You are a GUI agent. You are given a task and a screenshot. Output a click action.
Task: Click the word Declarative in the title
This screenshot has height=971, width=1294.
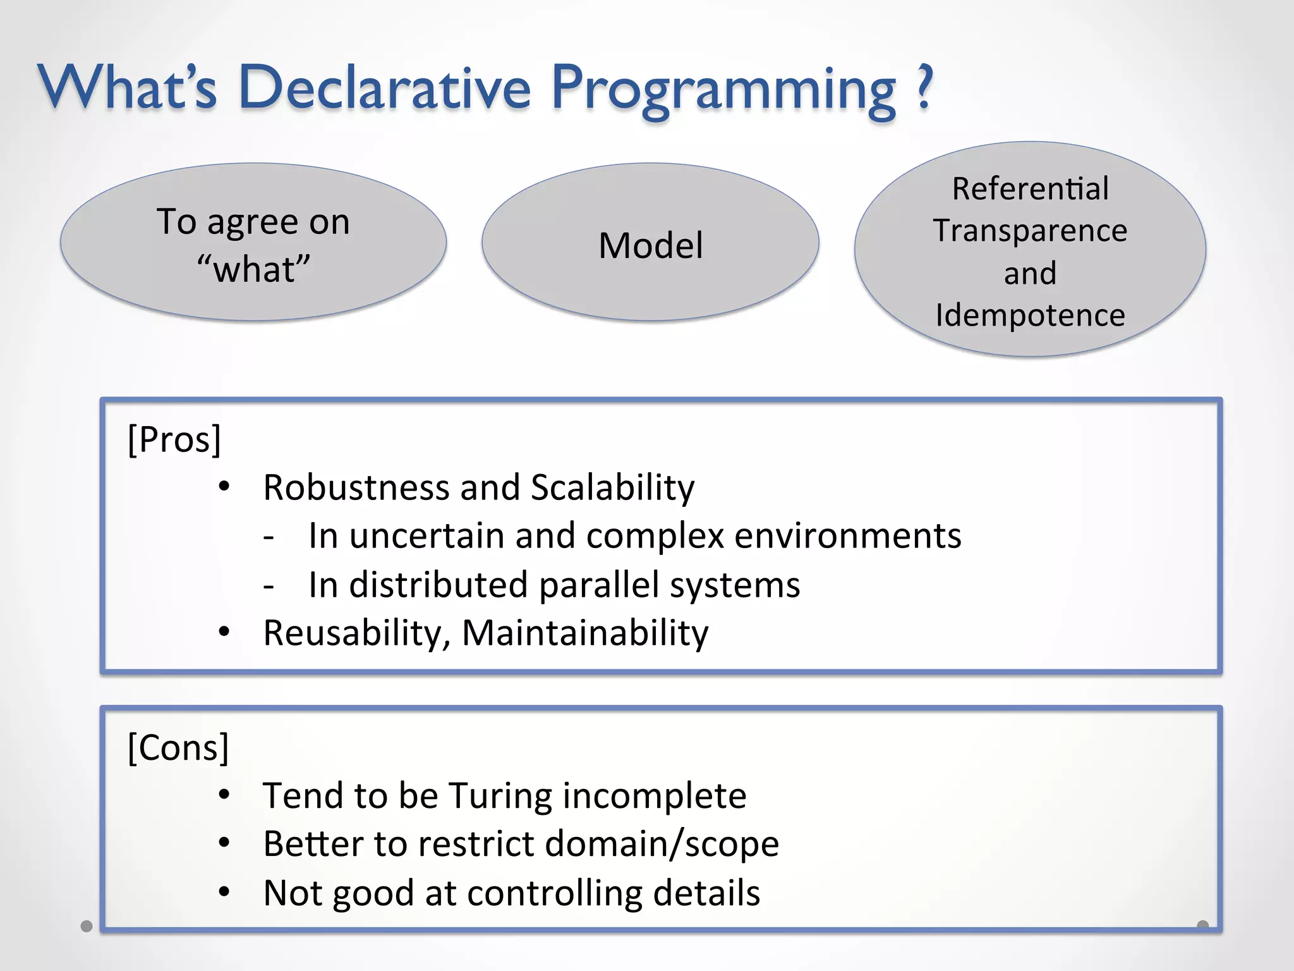tap(385, 89)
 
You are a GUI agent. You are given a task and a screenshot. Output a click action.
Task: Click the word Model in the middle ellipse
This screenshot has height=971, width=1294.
tap(650, 245)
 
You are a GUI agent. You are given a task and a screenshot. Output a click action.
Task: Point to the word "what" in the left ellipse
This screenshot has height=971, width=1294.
tap(253, 269)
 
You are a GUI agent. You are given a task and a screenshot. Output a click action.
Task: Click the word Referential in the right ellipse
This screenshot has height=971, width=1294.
tap(1030, 188)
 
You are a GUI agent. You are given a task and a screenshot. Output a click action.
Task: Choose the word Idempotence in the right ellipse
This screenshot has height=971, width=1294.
tap(1030, 315)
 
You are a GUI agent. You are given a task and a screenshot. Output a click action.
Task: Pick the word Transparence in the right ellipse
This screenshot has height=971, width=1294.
tap(1030, 230)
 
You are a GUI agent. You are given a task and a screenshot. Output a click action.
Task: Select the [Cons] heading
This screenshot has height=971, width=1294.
tap(178, 747)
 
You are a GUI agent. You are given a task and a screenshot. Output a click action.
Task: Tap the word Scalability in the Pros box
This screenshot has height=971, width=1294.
tap(612, 487)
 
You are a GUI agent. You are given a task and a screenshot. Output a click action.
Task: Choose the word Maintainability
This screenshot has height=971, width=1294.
tap(585, 633)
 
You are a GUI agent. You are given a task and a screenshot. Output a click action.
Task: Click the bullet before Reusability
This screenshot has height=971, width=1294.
tap(224, 632)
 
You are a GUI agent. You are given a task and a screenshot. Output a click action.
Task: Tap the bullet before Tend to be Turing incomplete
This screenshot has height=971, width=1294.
tap(224, 795)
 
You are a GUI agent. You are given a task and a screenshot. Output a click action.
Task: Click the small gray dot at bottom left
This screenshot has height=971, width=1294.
tap(87, 926)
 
